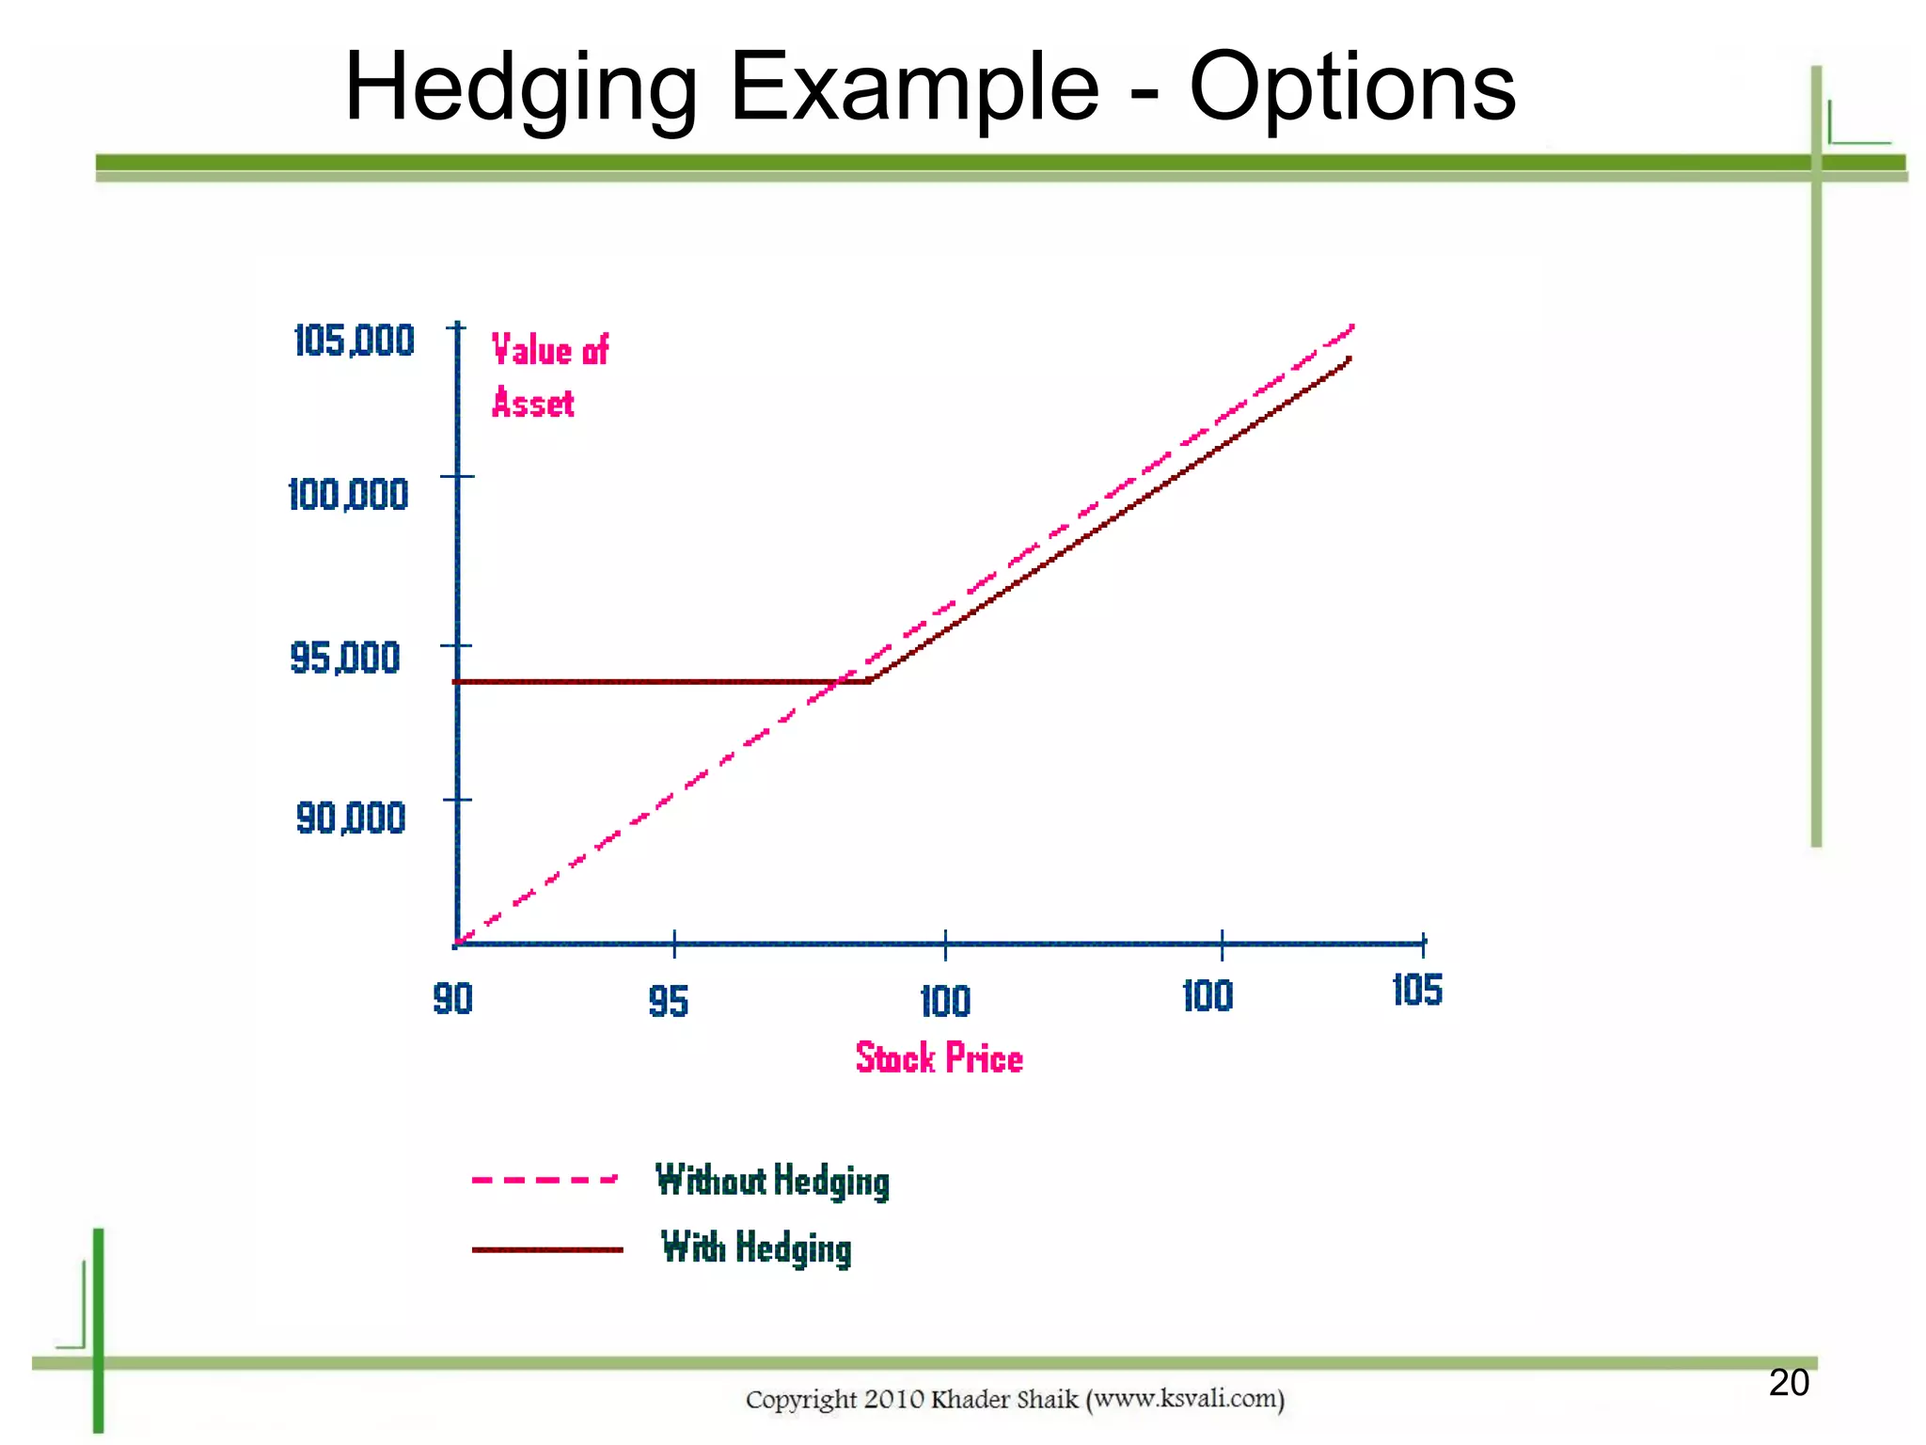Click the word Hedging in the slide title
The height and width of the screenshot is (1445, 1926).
pyautogui.click(x=520, y=89)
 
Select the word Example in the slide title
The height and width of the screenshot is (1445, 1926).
pyautogui.click(x=914, y=89)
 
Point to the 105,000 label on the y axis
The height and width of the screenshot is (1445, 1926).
pyautogui.click(x=354, y=341)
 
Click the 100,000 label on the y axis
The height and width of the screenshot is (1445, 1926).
pyautogui.click(x=348, y=495)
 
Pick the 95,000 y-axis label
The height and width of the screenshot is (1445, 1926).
pyautogui.click(x=345, y=658)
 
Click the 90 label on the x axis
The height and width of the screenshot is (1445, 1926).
pyautogui.click(x=452, y=999)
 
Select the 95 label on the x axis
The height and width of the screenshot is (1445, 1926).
pyautogui.click(x=669, y=1002)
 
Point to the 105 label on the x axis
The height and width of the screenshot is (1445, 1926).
pyautogui.click(x=1416, y=991)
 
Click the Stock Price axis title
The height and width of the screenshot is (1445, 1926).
pyautogui.click(x=939, y=1058)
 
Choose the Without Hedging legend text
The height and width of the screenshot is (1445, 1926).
pyautogui.click(x=772, y=1182)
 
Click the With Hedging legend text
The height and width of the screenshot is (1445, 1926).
pyautogui.click(x=756, y=1248)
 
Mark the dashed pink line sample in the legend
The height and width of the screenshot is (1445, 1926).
pyautogui.click(x=545, y=1179)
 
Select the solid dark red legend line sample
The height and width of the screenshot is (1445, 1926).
pyautogui.click(x=547, y=1249)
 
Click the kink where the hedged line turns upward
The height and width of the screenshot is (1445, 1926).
pyautogui.click(x=871, y=679)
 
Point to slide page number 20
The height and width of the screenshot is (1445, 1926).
pyautogui.click(x=1788, y=1383)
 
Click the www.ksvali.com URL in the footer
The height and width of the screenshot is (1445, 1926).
pyautogui.click(x=1185, y=1400)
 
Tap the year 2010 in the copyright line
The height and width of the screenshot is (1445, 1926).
pyautogui.click(x=894, y=1400)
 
